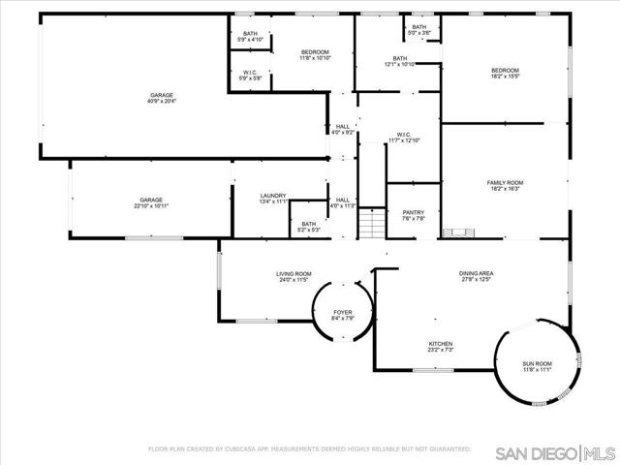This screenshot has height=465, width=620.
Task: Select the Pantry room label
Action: point(414,212)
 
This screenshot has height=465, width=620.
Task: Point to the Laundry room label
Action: point(273,196)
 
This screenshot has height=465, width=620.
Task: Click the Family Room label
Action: point(505,182)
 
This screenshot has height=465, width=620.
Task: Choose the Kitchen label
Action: point(441,344)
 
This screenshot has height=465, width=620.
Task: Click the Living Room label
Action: point(294,274)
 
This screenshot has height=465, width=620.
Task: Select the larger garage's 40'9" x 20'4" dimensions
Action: point(161,101)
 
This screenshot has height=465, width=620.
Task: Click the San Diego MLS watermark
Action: point(553,453)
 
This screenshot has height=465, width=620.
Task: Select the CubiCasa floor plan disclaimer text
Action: point(309,449)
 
